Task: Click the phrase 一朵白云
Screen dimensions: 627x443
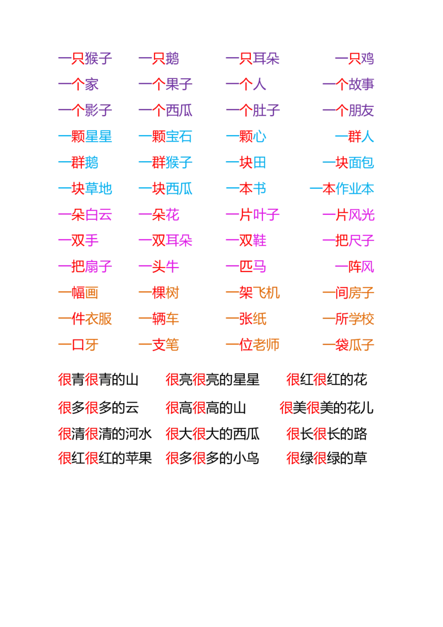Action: [x=86, y=215]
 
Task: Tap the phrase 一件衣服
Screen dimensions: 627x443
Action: [x=86, y=319]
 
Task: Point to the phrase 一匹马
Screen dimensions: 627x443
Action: [x=246, y=267]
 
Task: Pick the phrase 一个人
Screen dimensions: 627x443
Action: [x=246, y=85]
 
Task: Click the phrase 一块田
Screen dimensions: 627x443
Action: [x=246, y=163]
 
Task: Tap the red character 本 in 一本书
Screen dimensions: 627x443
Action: [x=246, y=189]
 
